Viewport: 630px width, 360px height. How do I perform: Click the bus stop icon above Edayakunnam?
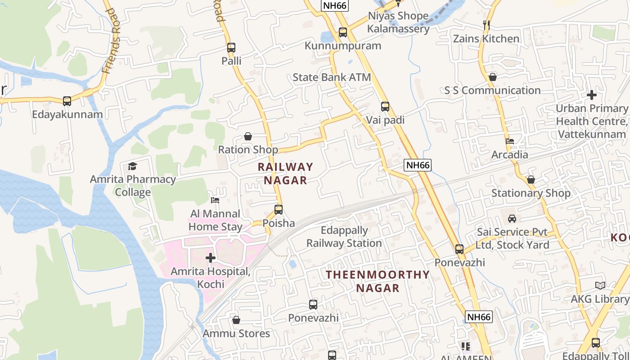pos(67,101)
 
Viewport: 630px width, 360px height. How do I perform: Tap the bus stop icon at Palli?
pos(231,48)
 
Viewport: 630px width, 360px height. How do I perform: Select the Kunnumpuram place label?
pos(343,46)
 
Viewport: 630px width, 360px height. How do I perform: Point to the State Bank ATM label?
pos(332,77)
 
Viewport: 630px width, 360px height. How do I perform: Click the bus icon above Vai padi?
pos(385,107)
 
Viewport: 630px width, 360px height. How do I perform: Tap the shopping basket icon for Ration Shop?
pos(248,136)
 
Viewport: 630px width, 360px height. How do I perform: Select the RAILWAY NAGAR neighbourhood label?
pos(285,173)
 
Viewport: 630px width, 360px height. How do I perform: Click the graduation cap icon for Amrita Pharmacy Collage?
pos(132,166)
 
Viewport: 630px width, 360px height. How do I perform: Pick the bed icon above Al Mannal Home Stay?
pos(215,200)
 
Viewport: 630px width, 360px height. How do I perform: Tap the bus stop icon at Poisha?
pos(279,210)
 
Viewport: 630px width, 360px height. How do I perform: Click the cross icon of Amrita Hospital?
pos(210,258)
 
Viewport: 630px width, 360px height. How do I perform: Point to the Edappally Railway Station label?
pos(344,237)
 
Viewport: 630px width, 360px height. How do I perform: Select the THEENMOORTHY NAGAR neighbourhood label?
pos(378,281)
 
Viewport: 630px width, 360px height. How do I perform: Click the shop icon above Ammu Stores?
pos(236,320)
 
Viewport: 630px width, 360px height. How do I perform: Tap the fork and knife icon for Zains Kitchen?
pos(486,25)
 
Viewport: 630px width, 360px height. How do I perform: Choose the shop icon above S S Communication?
pos(493,77)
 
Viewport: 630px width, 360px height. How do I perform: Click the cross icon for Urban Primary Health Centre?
pos(592,95)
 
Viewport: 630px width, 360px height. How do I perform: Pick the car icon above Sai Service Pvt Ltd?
pos(512,219)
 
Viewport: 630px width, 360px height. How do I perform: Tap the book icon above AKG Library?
pos(600,285)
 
